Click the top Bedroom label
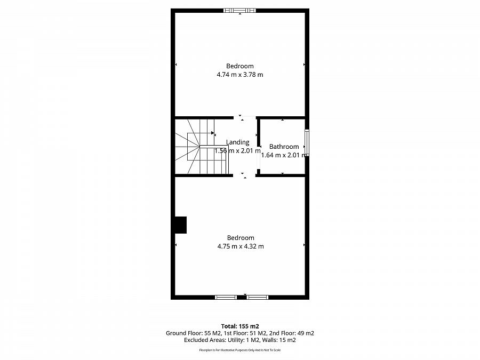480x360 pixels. pos(239,66)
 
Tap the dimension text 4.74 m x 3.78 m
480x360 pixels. pos(239,75)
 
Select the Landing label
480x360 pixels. pos(237,142)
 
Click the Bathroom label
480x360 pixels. pos(284,147)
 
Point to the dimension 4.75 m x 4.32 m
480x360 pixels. pos(240,246)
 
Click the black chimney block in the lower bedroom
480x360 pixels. pos(181,225)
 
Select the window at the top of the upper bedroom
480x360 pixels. pos(239,10)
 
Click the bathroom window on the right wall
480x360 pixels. pos(307,143)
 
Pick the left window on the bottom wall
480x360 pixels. pos(226,297)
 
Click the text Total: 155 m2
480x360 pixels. pos(239,325)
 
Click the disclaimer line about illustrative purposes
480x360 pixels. pos(239,350)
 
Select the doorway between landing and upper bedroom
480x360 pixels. pos(244,117)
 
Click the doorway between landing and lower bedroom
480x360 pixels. pos(244,174)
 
